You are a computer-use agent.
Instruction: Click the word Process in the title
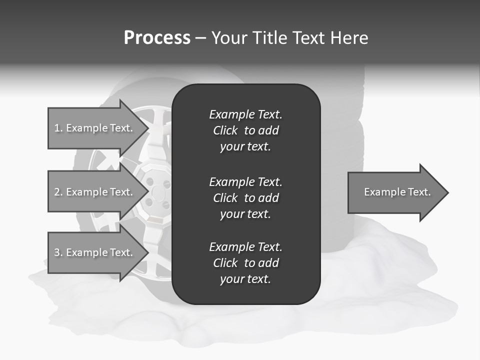[x=157, y=38]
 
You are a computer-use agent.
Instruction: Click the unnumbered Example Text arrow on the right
[x=397, y=192]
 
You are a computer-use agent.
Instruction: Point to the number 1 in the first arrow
[x=57, y=128]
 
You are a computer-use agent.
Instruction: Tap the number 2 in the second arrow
[x=57, y=192]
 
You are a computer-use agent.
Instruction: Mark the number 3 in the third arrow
[x=57, y=252]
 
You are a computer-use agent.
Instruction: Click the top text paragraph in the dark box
[x=245, y=130]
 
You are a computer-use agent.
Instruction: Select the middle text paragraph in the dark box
[x=245, y=198]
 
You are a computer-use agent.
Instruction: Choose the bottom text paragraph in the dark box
[x=245, y=263]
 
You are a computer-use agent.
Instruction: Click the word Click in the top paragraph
[x=225, y=130]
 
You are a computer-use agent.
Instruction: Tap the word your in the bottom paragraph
[x=231, y=279]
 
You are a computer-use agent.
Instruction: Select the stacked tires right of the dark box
[x=340, y=130]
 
